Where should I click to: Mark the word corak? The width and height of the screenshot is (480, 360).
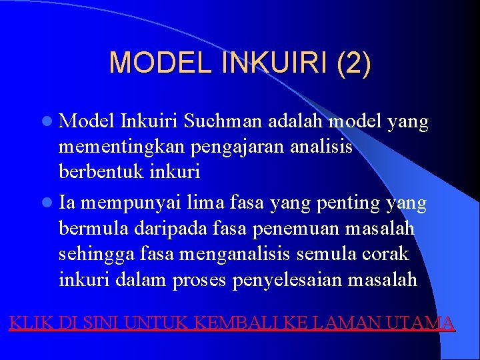tap(387, 255)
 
